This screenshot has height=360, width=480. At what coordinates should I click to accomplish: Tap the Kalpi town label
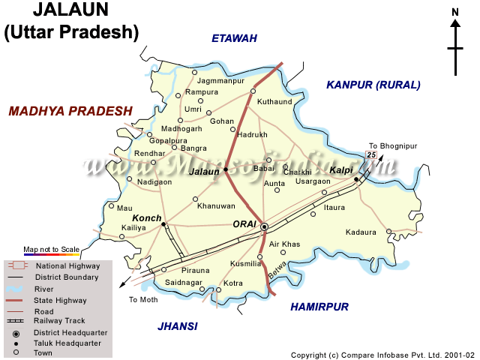(340, 171)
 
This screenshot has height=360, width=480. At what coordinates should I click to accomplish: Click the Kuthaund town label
(274, 100)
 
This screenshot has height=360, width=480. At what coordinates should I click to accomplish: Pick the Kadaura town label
(361, 232)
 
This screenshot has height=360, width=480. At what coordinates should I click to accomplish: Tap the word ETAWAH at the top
(234, 38)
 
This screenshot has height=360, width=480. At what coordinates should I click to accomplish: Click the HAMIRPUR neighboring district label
(319, 307)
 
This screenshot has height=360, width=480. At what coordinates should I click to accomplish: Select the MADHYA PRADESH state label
(70, 111)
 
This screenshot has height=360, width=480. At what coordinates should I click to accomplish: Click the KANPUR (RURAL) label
(373, 85)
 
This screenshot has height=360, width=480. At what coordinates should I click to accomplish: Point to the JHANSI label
(178, 325)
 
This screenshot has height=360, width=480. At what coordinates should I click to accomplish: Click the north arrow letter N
(455, 11)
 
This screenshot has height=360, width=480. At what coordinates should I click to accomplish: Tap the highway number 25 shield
(370, 154)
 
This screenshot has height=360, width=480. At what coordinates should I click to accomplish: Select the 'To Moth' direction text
(143, 299)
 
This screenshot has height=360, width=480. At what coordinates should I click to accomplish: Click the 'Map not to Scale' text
(51, 249)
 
